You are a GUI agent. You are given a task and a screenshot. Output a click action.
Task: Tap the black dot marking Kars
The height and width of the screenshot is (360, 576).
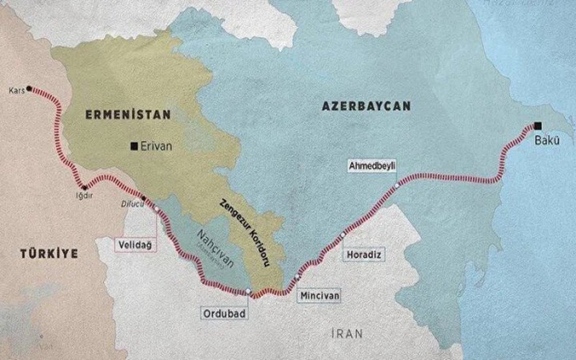click(x=30, y=89)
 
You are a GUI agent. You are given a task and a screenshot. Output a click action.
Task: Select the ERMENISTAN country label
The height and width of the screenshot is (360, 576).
click(x=127, y=114)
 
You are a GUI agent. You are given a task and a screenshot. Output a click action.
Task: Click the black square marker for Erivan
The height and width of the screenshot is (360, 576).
click(x=134, y=146)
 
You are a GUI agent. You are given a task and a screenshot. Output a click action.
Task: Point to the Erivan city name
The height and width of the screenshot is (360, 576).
click(x=157, y=146)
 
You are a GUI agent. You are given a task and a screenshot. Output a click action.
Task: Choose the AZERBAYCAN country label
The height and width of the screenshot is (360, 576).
click(x=366, y=106)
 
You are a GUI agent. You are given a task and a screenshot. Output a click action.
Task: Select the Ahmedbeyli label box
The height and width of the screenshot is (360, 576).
click(x=372, y=165)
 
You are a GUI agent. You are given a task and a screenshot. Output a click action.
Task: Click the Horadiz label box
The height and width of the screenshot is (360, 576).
click(x=361, y=255)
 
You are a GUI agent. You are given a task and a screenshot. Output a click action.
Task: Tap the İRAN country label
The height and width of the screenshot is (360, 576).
click(x=348, y=333)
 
